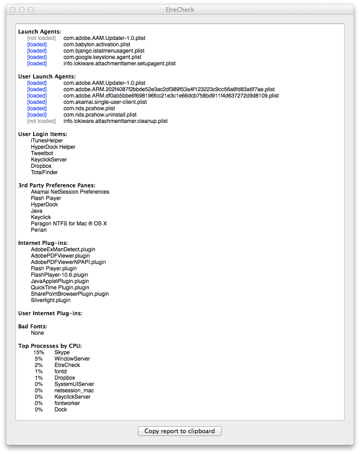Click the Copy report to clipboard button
[x=179, y=431]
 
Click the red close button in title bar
[x=13, y=10]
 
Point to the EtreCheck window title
[x=180, y=10]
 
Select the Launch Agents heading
[x=39, y=32]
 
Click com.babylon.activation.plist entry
[x=97, y=44]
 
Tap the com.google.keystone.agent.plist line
[x=102, y=57]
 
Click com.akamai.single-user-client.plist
[x=105, y=102]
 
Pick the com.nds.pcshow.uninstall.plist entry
[x=100, y=115]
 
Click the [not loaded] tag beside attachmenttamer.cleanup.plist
[x=41, y=121]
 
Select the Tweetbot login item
[x=42, y=153]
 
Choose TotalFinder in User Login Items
[x=44, y=172]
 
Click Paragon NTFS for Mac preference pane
[x=69, y=224]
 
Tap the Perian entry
[x=39, y=230]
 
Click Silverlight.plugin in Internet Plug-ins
[x=51, y=300]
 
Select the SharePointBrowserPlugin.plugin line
[x=70, y=294]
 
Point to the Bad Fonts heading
[x=33, y=327]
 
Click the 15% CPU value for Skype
[x=39, y=352]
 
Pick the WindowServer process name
[x=72, y=359]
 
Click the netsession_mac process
[x=74, y=391]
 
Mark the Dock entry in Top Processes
[x=60, y=410]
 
